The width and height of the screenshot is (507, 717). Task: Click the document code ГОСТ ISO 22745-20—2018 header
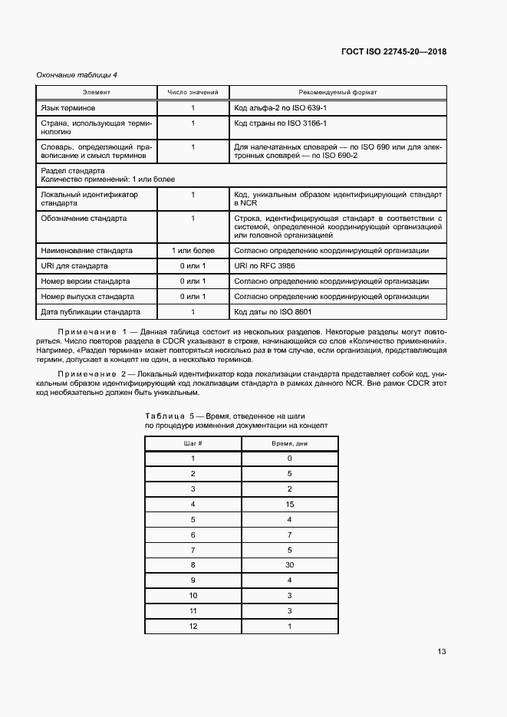pyautogui.click(x=393, y=52)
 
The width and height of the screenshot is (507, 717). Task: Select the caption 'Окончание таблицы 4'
pyautogui.click(x=77, y=74)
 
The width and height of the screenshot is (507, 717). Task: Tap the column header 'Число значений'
pyautogui.click(x=193, y=93)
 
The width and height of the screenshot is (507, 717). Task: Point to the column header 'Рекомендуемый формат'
pyautogui.click(x=337, y=93)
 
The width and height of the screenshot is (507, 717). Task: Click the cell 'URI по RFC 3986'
pyautogui.click(x=265, y=265)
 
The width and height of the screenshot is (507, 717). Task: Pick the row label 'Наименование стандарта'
pyautogui.click(x=87, y=250)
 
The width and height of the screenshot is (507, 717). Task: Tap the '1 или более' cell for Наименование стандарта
pyautogui.click(x=193, y=250)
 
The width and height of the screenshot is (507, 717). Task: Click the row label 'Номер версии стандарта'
pyautogui.click(x=86, y=281)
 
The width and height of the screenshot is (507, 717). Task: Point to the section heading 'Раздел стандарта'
pyautogui.click(x=73, y=170)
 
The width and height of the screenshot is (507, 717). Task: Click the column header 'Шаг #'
pyautogui.click(x=193, y=444)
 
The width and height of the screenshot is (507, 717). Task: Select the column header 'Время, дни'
pyautogui.click(x=289, y=444)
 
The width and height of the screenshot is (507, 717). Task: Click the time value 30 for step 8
pyautogui.click(x=289, y=564)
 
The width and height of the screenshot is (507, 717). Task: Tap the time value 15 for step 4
pyautogui.click(x=289, y=504)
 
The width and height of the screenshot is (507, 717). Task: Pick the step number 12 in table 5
pyautogui.click(x=193, y=626)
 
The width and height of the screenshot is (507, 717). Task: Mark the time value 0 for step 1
pyautogui.click(x=289, y=459)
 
